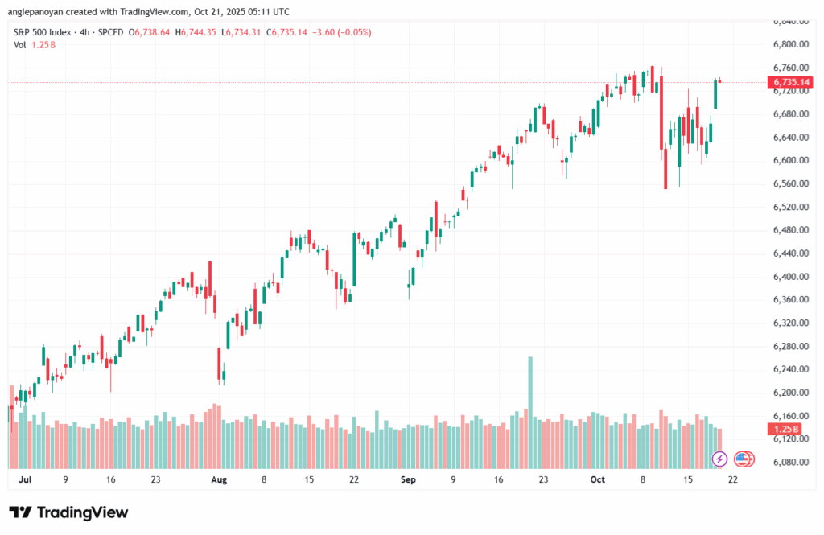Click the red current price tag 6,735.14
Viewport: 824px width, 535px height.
(x=791, y=82)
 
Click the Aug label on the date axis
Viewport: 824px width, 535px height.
(x=219, y=479)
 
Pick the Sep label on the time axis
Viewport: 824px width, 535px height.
(x=408, y=479)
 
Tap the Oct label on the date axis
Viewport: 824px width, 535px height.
(x=597, y=479)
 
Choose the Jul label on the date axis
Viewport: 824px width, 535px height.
(x=23, y=479)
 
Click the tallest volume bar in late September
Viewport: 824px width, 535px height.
(x=530, y=386)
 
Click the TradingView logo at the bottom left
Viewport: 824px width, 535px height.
(x=68, y=512)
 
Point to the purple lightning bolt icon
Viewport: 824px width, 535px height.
(x=720, y=459)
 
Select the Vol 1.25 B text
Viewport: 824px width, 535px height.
(x=35, y=44)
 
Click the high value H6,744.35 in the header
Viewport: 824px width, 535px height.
(x=200, y=32)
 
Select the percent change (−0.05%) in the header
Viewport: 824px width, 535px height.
(x=352, y=32)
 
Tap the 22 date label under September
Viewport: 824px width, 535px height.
(x=353, y=479)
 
